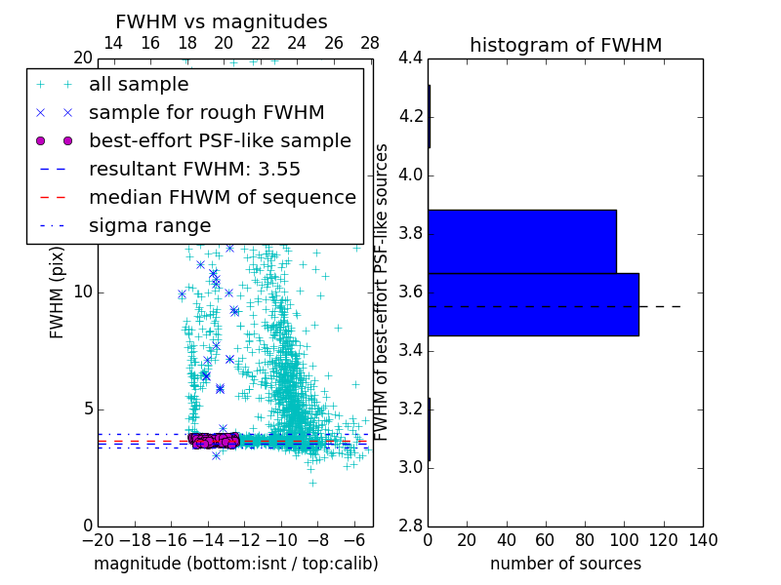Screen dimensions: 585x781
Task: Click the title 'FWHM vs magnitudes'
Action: click(x=221, y=21)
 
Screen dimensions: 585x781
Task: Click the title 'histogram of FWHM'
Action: click(x=565, y=45)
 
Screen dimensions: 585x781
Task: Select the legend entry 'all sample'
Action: click(x=139, y=85)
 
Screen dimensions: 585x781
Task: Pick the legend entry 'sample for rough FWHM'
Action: click(x=206, y=112)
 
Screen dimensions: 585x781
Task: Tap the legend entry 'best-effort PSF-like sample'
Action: click(x=220, y=140)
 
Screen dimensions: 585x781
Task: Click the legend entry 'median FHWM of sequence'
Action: click(x=222, y=197)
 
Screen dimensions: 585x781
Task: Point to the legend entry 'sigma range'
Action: click(x=149, y=225)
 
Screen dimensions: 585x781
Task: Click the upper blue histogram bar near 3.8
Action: click(x=521, y=241)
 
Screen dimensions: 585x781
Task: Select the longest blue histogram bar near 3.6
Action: click(x=533, y=304)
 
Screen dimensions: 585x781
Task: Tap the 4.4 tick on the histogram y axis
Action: click(x=410, y=58)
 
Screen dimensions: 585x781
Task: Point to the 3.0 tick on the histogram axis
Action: click(x=410, y=467)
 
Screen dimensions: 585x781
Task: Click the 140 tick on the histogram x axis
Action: click(x=703, y=539)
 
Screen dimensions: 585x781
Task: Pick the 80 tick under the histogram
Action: click(x=585, y=539)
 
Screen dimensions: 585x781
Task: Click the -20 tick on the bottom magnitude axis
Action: click(x=98, y=539)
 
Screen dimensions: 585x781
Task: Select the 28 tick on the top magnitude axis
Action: click(x=370, y=43)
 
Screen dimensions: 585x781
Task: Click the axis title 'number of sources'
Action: click(x=565, y=564)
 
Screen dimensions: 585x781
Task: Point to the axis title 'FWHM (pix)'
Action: click(x=58, y=292)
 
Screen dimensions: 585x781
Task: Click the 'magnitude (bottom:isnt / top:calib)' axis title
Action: click(x=235, y=564)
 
